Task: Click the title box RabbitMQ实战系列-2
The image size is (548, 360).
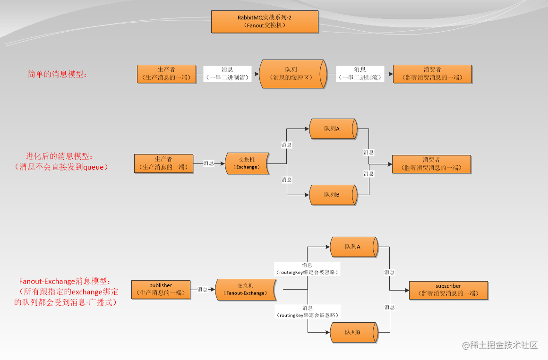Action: (x=265, y=21)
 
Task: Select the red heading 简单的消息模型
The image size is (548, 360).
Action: (x=57, y=74)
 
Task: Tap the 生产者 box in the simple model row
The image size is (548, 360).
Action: (x=166, y=74)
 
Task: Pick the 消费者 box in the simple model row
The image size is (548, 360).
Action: (x=432, y=74)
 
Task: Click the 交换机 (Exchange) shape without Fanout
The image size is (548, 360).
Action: (x=247, y=163)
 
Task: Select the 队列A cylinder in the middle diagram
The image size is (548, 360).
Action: (x=333, y=129)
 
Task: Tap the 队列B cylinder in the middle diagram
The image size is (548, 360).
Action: (x=333, y=195)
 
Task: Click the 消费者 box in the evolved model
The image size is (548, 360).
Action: (x=431, y=163)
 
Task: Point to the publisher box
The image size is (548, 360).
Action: (x=161, y=289)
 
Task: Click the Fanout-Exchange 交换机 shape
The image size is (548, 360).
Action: (x=246, y=289)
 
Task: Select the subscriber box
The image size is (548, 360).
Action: (x=448, y=290)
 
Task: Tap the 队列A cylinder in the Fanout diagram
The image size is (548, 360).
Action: (x=353, y=247)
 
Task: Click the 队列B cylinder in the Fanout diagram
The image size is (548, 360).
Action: (x=353, y=332)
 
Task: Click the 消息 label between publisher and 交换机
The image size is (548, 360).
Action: (x=202, y=290)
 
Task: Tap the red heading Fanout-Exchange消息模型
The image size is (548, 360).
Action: (x=66, y=281)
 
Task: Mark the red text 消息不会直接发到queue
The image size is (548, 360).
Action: (x=62, y=166)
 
